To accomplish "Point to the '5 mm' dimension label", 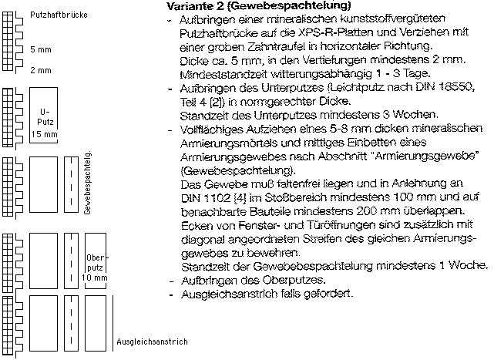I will point(40,49).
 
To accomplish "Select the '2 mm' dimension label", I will point(40,70).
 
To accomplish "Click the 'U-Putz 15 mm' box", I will point(45,123).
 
